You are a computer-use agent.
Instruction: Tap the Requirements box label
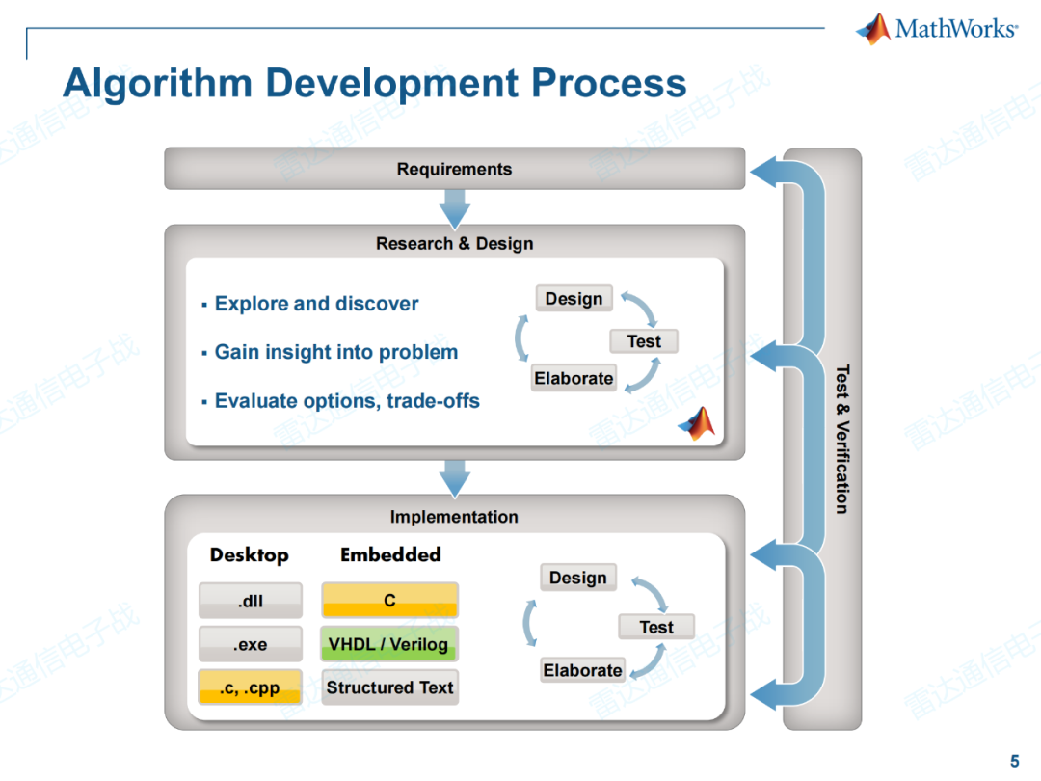tap(454, 169)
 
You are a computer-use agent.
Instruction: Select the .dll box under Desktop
tap(251, 601)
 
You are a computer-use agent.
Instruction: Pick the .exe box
tap(251, 644)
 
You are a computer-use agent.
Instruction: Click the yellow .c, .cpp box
tap(251, 687)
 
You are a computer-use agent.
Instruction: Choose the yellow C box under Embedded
tap(389, 601)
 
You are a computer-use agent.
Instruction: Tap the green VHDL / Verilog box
tap(389, 644)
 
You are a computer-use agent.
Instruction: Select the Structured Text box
tap(389, 687)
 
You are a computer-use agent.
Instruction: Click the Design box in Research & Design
tap(574, 299)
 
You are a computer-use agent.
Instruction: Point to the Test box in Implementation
tap(656, 627)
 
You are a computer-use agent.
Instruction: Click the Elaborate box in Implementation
tap(582, 670)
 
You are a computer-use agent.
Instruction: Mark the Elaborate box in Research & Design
tap(574, 378)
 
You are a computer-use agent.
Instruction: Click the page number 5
tap(1014, 761)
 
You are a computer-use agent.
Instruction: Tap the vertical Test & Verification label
tap(841, 439)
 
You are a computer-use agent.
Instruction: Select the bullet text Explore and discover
tap(316, 304)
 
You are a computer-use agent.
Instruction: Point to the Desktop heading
tap(250, 555)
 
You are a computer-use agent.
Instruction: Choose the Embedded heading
tap(390, 554)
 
